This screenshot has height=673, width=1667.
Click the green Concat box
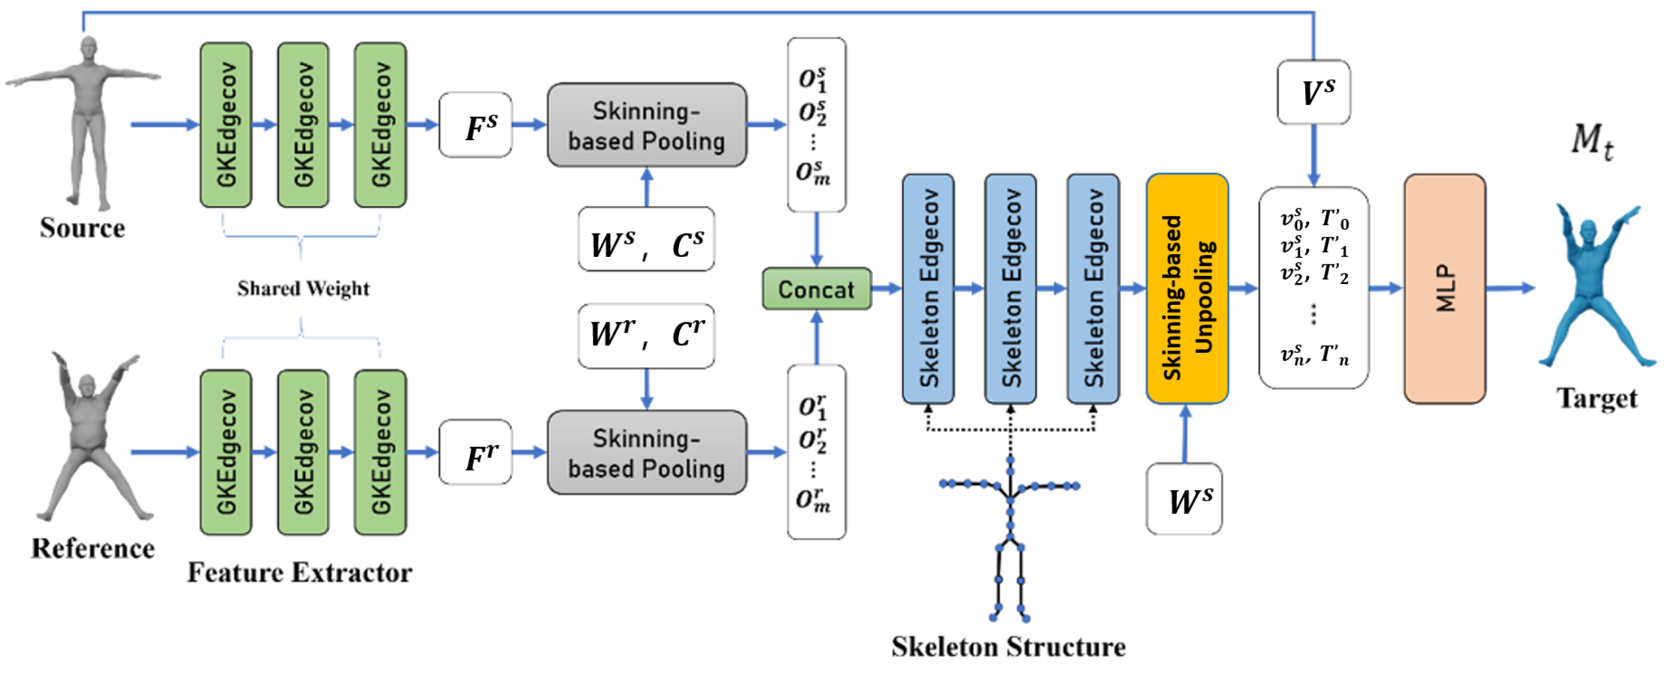816,289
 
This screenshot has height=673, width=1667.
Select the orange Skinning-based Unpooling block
1186,289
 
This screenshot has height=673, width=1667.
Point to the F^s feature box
475,125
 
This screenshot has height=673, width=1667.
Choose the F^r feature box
475,452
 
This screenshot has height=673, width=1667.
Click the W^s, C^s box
646,239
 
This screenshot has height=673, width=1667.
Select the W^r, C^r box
646,336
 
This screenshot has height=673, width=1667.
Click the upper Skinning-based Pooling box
646,125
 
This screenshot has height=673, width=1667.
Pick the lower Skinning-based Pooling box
646,452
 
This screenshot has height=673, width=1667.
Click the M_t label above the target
1591,140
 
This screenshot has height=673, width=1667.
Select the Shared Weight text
302,288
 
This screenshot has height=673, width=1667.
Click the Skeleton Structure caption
1008,646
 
